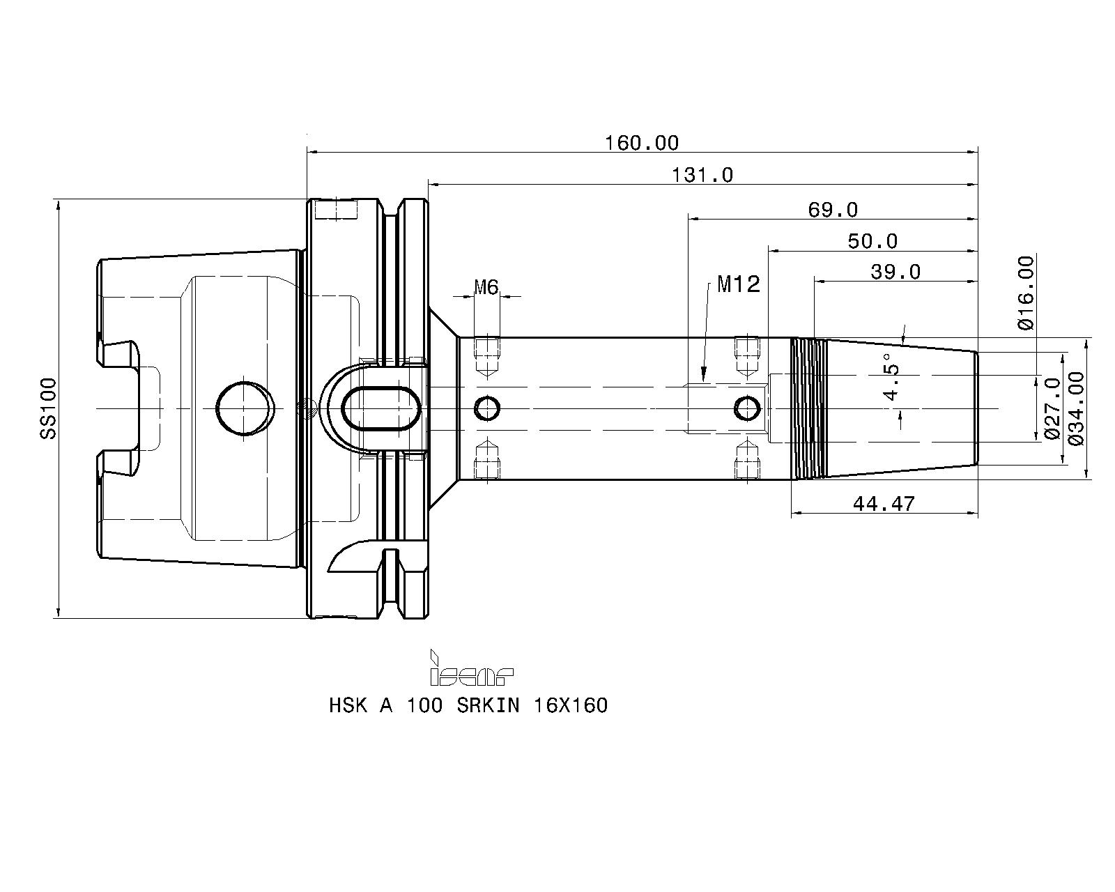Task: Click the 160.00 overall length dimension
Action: [x=641, y=143]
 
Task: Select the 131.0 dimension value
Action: [x=702, y=175]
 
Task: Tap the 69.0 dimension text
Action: [x=833, y=210]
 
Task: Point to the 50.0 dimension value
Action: [x=872, y=241]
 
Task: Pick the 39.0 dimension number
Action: [x=895, y=272]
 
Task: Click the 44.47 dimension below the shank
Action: [x=884, y=503]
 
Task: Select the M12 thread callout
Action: [x=738, y=284]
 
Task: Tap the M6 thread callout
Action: [x=486, y=286]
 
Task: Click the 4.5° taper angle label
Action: [x=892, y=377]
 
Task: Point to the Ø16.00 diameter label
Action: [x=1025, y=292]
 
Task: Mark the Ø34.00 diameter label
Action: [x=1075, y=408]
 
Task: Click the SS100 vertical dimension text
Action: [x=48, y=408]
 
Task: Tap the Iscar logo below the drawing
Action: [x=472, y=668]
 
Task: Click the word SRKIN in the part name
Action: [x=488, y=705]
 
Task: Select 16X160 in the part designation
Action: [x=571, y=705]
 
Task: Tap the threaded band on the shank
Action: [x=808, y=408]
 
